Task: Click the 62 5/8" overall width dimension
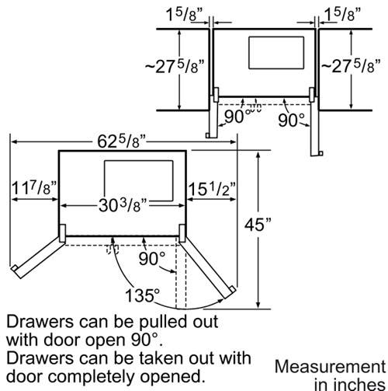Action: coord(122,141)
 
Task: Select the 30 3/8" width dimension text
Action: coord(123,206)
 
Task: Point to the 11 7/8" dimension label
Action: coord(34,188)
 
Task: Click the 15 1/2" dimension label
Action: coord(212,189)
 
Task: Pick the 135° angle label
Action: coord(143,295)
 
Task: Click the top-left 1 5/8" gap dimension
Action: coord(184,14)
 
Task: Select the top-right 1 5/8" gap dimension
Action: coord(342,14)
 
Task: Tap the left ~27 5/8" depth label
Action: coord(175,67)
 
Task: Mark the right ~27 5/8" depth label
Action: coord(351,66)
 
